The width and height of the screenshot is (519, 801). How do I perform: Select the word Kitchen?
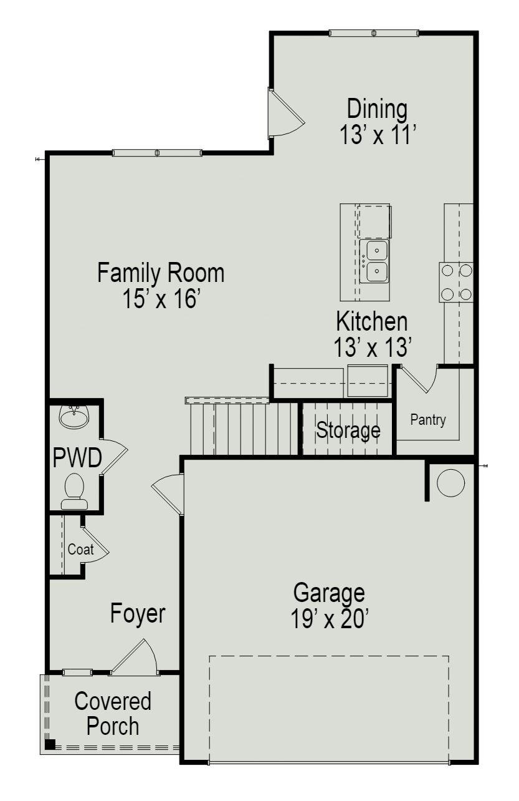coord(371,323)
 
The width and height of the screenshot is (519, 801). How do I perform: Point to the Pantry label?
coord(427,420)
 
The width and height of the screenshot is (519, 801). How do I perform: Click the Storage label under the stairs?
coord(348,430)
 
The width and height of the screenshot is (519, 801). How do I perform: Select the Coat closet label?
coord(80,550)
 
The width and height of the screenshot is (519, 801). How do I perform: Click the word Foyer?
coord(138,613)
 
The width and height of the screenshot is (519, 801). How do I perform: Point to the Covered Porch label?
coord(113,714)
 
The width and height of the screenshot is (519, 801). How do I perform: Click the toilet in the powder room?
coord(75,488)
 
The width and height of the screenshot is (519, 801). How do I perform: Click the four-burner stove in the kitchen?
coord(456,282)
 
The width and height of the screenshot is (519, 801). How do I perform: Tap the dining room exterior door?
coord(284,113)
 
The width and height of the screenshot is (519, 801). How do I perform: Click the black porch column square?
coord(50,744)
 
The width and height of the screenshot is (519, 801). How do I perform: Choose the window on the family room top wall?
coord(157,153)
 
